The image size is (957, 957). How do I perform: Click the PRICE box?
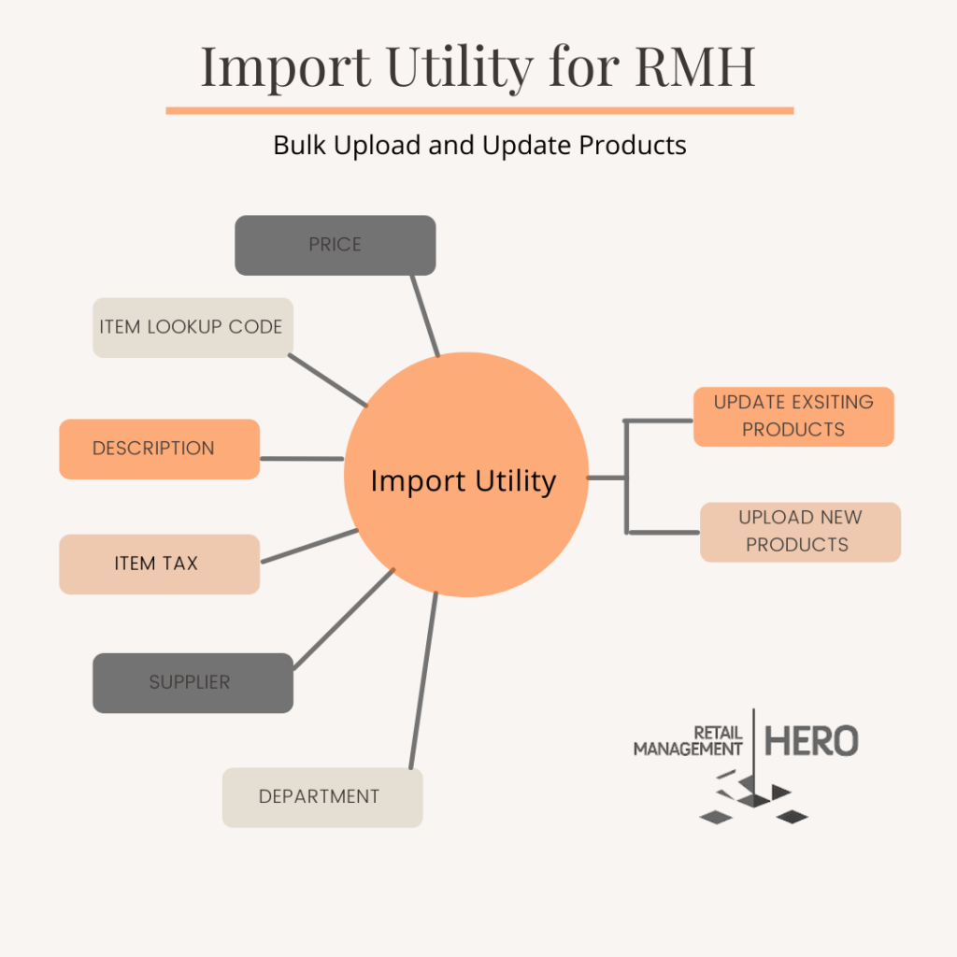coord(336,246)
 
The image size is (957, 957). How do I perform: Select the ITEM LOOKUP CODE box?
coord(193,328)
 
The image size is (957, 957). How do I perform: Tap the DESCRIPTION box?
coord(159,450)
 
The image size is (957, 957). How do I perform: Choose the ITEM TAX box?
coord(159,564)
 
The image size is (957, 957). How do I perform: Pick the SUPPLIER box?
coord(193,683)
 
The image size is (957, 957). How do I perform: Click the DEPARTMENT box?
coord(322,798)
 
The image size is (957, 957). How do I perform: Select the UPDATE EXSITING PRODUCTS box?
coord(793,417)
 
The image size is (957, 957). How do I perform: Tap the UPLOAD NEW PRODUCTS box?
coord(800,532)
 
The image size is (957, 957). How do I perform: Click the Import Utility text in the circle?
coord(464,481)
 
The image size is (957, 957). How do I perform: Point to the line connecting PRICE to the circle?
coord(425,316)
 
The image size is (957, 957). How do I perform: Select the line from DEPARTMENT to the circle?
coord(423,680)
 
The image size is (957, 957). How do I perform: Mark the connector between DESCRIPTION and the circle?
coord(302,458)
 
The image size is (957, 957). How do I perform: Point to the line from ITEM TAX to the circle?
coord(309,546)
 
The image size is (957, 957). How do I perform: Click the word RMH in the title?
coord(694,66)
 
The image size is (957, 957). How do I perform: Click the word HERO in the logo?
coord(812,741)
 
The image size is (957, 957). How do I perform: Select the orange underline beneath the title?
coord(479,111)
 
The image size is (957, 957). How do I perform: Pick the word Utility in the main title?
coord(460,68)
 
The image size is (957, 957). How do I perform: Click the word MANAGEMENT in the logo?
coord(688,749)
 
